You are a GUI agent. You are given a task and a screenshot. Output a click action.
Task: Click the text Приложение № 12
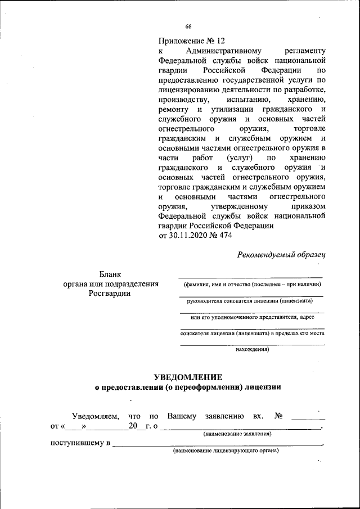191,40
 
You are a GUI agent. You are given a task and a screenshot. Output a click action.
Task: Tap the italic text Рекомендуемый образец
282,254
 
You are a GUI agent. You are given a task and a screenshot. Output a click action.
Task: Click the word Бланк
110,274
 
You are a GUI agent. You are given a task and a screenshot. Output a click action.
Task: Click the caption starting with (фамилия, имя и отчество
251,285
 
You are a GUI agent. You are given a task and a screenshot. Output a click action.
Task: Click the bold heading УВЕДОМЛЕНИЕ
188,377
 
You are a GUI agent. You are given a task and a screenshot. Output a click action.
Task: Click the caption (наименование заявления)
237,434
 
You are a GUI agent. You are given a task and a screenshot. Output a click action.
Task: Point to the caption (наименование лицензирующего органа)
226,451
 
